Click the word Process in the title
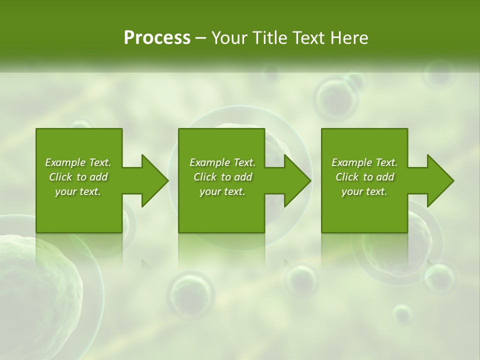click(157, 38)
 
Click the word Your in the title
click(228, 38)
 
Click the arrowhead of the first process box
click(154, 180)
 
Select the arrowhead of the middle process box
click(297, 180)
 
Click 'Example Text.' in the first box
click(78, 162)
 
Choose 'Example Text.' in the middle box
click(222, 162)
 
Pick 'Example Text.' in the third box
click(364, 162)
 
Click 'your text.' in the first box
click(78, 191)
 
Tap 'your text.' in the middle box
click(222, 191)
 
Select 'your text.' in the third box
click(364, 191)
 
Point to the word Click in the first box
click(60, 177)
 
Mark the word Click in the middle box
click(205, 177)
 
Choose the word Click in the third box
click(347, 177)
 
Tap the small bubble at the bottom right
click(402, 314)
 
